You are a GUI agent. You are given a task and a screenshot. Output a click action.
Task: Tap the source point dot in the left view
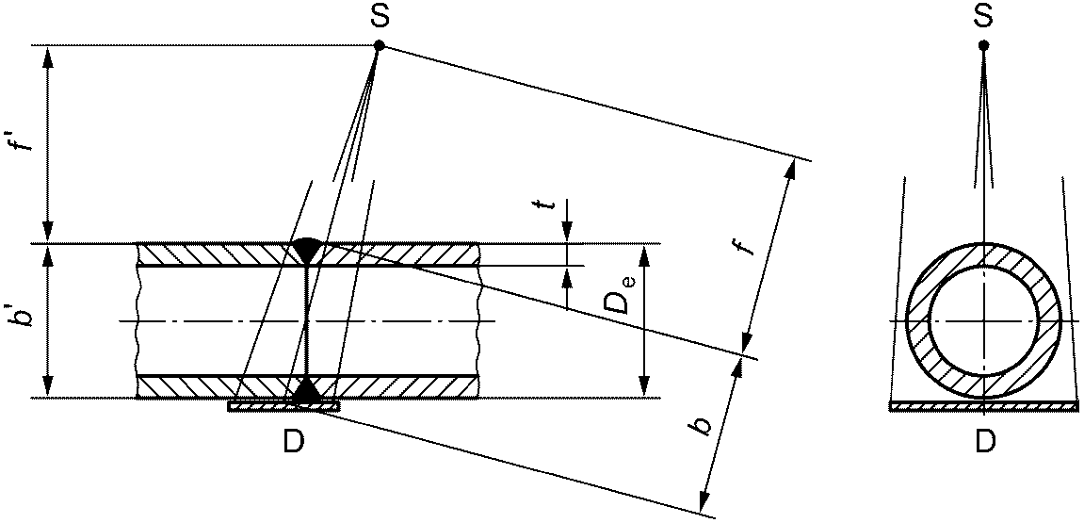click(379, 45)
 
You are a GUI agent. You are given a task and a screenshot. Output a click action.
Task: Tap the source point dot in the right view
click(984, 45)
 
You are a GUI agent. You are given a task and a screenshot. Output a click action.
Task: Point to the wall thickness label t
click(552, 207)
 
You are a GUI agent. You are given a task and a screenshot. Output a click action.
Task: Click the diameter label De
click(623, 295)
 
